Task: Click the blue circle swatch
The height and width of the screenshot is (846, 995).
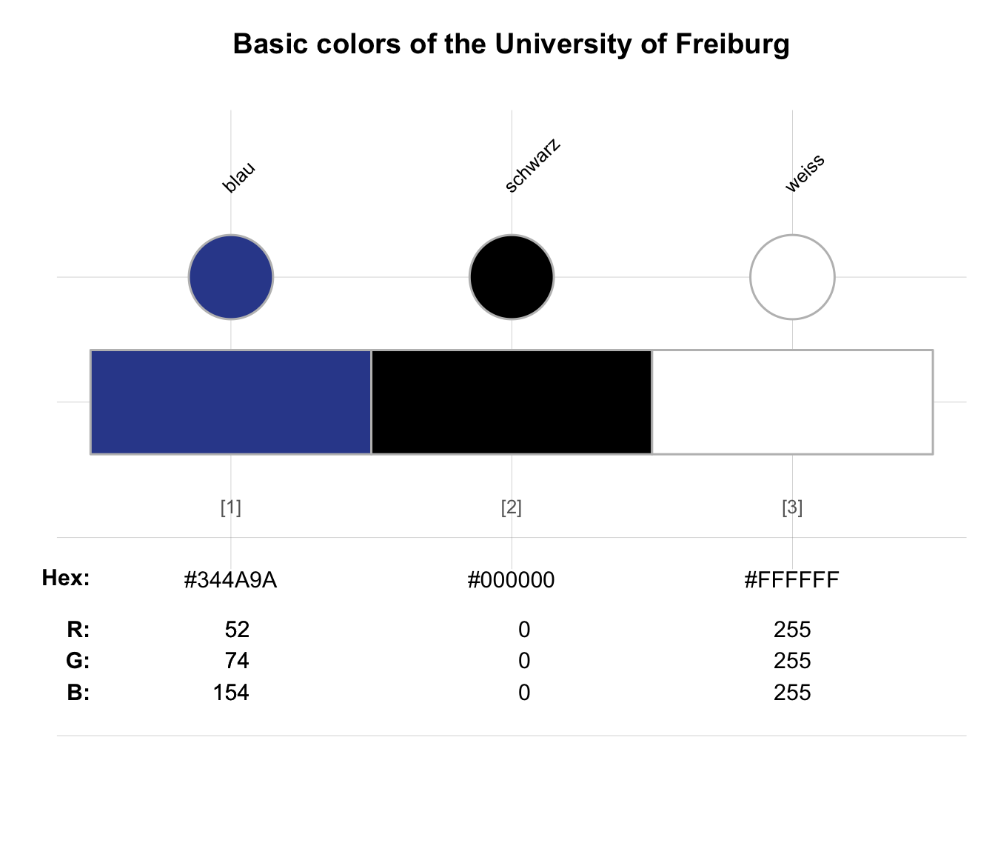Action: (x=230, y=277)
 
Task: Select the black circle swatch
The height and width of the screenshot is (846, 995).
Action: (x=512, y=277)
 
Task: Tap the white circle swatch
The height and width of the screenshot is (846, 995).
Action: (x=792, y=277)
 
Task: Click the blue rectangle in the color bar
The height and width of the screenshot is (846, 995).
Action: (x=230, y=402)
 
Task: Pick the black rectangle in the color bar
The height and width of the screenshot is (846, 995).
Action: (x=512, y=402)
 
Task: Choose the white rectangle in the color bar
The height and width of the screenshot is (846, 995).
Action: (x=792, y=402)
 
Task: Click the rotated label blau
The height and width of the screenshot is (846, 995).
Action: (x=238, y=178)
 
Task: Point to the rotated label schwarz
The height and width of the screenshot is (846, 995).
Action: (x=532, y=166)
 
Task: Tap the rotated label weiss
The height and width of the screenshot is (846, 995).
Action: (x=805, y=173)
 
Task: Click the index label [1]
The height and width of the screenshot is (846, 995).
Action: (x=230, y=507)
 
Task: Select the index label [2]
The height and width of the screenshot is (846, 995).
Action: (x=512, y=507)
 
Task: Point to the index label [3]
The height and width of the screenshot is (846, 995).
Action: (x=792, y=507)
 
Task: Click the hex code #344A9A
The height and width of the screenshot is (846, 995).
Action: (x=230, y=579)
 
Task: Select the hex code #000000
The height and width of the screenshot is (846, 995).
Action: (x=512, y=579)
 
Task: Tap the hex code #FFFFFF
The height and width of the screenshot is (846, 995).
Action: (x=792, y=579)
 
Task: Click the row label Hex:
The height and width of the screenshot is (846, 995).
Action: (x=66, y=578)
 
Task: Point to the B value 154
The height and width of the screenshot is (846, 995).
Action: (x=231, y=693)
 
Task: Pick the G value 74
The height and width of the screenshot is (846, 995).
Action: (x=237, y=661)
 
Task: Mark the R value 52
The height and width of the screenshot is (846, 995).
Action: (x=237, y=630)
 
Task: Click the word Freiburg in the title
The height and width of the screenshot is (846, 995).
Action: (x=732, y=44)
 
